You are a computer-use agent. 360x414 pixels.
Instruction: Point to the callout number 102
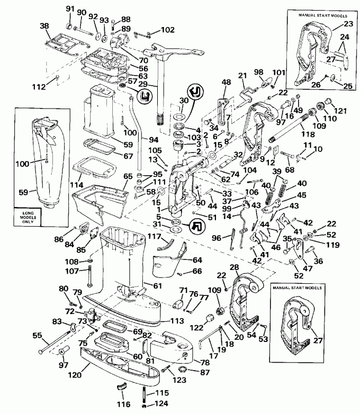point(167,30)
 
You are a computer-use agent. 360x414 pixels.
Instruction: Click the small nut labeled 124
point(145,407)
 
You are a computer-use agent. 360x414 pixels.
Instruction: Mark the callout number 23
point(347,23)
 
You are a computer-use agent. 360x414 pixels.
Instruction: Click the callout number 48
point(227,82)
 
